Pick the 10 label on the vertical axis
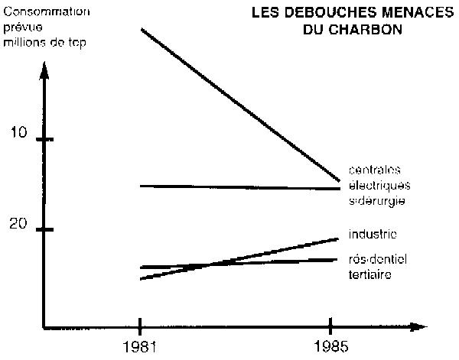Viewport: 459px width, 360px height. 18,135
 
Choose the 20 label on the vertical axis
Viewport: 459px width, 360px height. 19,225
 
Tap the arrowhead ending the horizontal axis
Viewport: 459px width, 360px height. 418,326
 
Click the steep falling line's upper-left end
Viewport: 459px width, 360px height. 142,30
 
